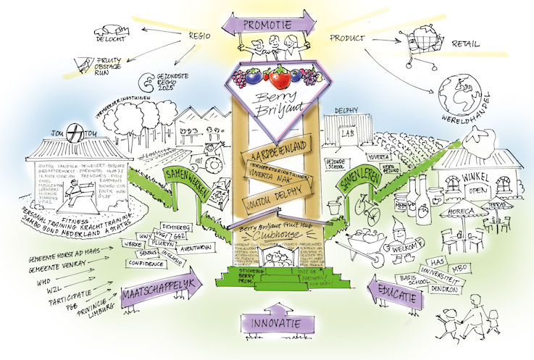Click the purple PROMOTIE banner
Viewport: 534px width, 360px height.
267,24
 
